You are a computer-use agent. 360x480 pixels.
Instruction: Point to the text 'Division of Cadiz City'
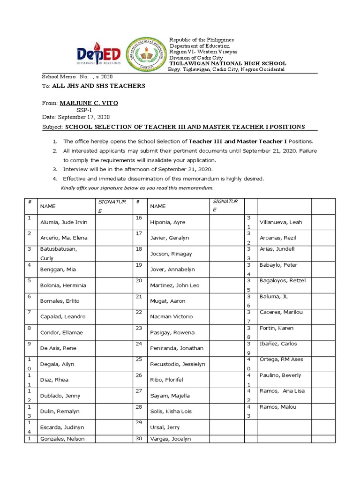pyautogui.click(x=193, y=58)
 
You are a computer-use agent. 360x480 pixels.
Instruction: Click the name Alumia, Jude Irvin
pyautogui.click(x=64, y=222)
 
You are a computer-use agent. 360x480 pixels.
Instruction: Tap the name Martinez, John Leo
pyautogui.click(x=174, y=285)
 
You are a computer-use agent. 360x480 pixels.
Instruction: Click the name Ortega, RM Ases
pyautogui.click(x=281, y=360)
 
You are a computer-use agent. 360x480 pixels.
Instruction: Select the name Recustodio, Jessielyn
pyautogui.click(x=178, y=364)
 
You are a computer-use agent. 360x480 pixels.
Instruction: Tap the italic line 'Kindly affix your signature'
pyautogui.click(x=137, y=188)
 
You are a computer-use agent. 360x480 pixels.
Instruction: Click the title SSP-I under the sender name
pyautogui.click(x=85, y=110)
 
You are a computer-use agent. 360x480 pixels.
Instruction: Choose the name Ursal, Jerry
pyautogui.click(x=165, y=427)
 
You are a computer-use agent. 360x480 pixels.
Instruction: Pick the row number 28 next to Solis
pyautogui.click(x=138, y=407)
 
